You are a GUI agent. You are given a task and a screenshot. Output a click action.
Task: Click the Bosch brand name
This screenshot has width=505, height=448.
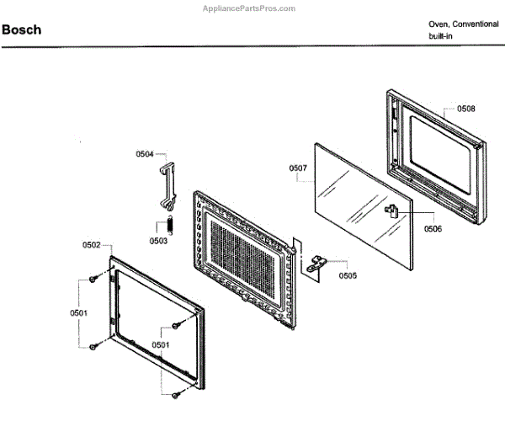[22, 30]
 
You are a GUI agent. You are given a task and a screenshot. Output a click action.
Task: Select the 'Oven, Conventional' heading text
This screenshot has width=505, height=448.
[463, 24]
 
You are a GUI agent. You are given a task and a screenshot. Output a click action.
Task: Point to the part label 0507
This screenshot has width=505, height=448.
[298, 168]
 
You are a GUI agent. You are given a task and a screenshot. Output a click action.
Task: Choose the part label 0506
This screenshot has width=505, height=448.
[433, 228]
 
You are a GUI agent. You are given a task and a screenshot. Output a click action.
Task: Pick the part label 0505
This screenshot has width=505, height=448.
[347, 275]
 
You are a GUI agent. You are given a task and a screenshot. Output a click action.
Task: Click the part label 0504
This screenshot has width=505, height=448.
[145, 154]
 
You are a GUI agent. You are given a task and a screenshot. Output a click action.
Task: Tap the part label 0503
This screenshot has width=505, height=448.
[158, 241]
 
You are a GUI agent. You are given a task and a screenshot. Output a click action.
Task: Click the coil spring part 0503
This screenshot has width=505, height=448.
[168, 226]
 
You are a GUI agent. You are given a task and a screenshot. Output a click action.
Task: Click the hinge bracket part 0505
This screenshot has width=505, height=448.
[316, 263]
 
